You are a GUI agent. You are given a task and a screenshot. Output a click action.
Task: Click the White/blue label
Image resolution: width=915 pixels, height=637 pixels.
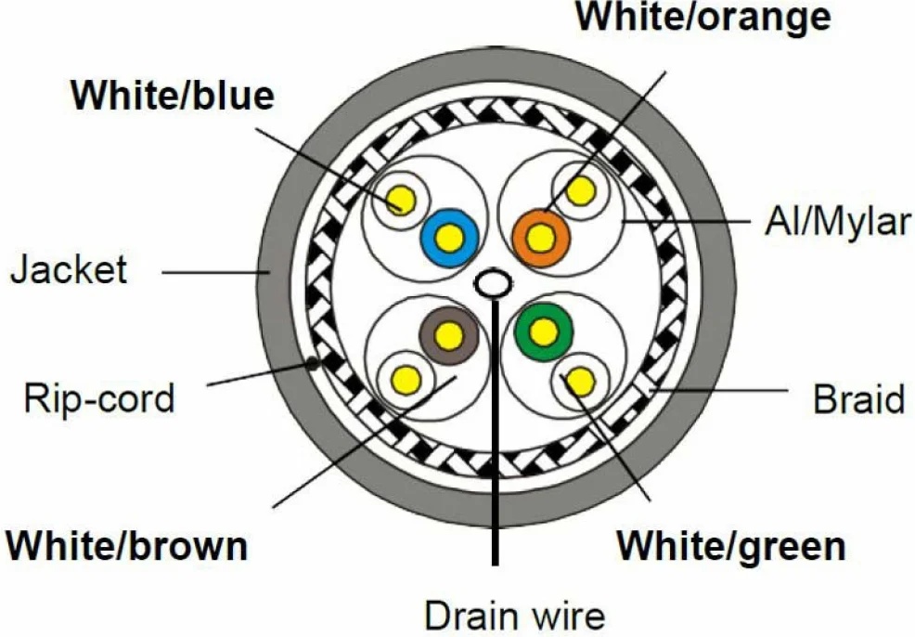(173, 95)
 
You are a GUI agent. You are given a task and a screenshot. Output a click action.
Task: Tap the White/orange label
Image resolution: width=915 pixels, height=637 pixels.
(703, 17)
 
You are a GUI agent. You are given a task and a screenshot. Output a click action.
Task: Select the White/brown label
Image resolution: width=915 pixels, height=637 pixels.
(127, 546)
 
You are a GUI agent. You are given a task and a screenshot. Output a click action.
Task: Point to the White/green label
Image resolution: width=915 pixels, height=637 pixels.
(731, 547)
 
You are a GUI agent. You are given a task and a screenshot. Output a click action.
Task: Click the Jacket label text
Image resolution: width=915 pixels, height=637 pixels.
(69, 269)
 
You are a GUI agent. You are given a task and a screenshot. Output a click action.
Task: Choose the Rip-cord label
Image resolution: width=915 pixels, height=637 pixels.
(99, 398)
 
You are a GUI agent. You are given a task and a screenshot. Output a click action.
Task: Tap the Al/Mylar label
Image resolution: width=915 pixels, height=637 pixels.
(838, 223)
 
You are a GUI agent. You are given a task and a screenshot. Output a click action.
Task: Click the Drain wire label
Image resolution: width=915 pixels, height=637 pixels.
(515, 616)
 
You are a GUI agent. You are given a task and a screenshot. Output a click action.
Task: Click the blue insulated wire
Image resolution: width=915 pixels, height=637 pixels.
(449, 238)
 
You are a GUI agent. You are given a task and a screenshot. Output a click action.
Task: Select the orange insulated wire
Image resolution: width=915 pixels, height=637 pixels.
(541, 239)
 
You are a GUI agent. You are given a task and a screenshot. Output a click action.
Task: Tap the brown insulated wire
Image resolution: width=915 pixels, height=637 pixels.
(449, 336)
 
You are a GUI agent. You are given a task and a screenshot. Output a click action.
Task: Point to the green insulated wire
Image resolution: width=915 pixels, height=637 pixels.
(544, 331)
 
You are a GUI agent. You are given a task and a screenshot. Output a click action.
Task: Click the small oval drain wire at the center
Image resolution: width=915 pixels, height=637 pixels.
(493, 283)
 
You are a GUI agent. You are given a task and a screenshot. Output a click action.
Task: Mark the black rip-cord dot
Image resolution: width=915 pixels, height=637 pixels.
(314, 363)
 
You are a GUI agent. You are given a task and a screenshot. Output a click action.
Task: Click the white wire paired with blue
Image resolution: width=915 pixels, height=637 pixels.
(402, 201)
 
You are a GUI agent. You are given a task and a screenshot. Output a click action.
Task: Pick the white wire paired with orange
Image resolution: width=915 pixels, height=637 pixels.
(581, 190)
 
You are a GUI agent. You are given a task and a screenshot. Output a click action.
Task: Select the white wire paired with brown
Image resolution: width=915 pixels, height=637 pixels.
(406, 381)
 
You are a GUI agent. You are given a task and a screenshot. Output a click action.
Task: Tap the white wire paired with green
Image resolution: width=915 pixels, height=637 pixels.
(581, 383)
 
